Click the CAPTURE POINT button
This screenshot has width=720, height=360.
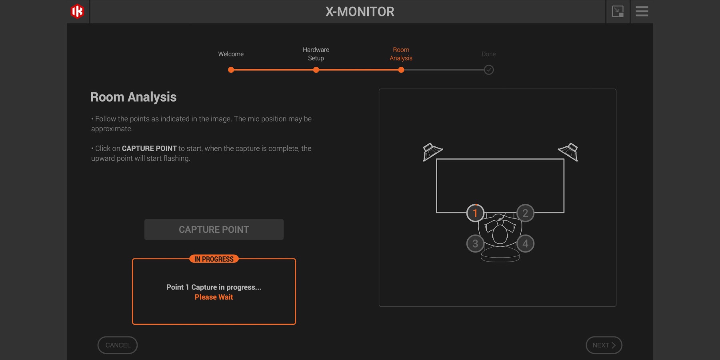(214, 230)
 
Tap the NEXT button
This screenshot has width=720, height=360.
(604, 345)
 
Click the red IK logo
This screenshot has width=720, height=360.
(77, 11)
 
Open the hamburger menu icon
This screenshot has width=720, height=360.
(642, 11)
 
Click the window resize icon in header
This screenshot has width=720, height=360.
(618, 11)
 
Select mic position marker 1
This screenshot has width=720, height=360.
(475, 213)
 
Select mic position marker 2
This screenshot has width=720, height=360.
(525, 213)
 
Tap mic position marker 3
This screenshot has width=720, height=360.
(475, 244)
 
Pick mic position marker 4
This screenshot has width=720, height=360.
(525, 244)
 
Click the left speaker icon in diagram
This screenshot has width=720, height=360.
(432, 152)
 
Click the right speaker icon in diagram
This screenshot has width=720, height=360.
(569, 152)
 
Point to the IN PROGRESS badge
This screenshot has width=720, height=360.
(214, 259)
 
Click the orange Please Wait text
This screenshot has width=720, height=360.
(214, 297)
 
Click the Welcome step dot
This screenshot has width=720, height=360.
(231, 70)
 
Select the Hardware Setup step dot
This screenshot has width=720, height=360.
(316, 70)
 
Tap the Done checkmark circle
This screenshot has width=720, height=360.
(488, 70)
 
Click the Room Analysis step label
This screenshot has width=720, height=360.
(401, 54)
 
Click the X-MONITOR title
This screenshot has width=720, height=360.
(360, 12)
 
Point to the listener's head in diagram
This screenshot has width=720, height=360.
(500, 234)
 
